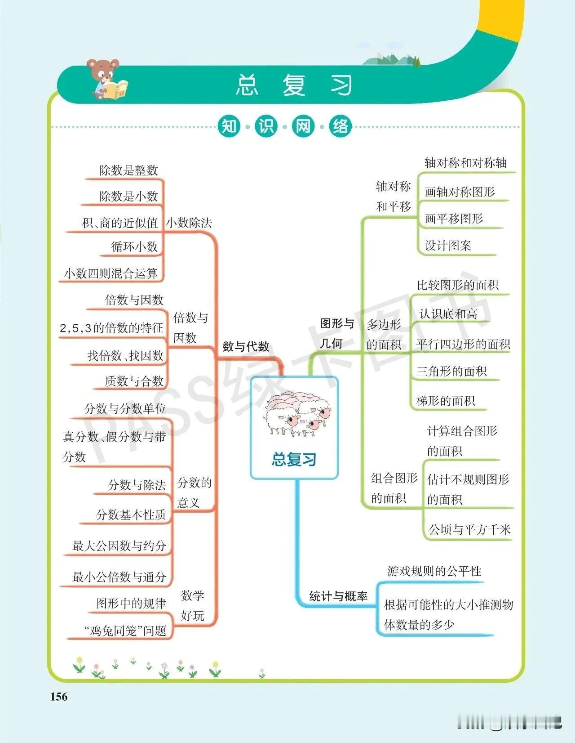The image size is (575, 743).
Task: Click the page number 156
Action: point(59,697)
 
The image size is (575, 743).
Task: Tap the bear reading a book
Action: point(107,79)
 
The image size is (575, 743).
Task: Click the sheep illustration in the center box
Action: point(298,414)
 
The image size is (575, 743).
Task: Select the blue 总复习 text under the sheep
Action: point(294,459)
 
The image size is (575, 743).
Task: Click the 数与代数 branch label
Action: point(246,346)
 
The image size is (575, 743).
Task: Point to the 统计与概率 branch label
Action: point(338,596)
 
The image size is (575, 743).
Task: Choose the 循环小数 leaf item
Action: point(135,246)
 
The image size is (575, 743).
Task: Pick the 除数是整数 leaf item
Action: point(128,170)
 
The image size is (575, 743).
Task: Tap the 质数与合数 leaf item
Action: point(134,381)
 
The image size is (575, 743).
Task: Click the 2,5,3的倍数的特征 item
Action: point(111,328)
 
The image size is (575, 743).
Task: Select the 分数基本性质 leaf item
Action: point(131,515)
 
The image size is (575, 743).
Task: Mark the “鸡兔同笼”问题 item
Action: point(125,631)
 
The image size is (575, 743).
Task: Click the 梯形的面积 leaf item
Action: point(446,400)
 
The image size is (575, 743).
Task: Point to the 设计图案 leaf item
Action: point(448,246)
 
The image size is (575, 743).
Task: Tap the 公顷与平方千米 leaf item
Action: point(470,529)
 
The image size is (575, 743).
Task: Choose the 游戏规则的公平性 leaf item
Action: point(434,571)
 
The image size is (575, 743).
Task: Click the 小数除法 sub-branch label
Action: point(189,223)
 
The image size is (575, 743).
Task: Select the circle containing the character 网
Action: point(303,126)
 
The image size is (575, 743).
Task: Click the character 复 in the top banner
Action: point(294,85)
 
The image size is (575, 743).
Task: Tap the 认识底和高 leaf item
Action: point(448,314)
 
